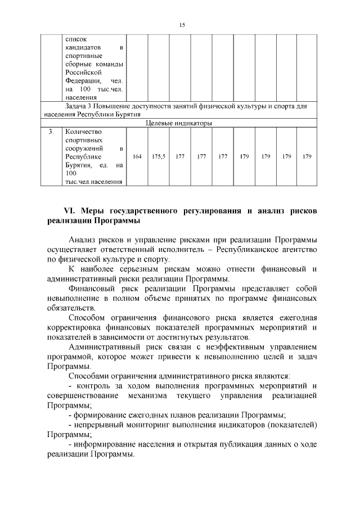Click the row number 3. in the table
coord(51,132)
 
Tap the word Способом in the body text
coord(86,318)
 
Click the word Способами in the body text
coord(88,375)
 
